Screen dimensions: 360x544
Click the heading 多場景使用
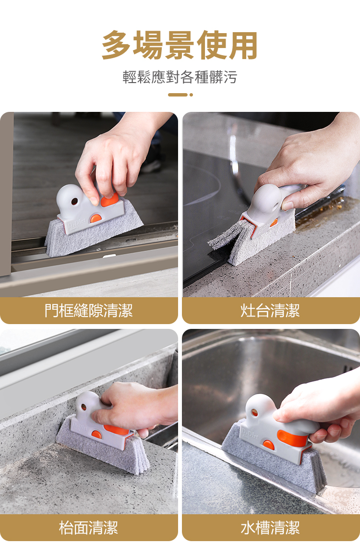(180, 45)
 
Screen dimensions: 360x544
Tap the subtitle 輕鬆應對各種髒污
(180, 77)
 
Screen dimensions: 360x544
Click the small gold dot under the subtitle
(191, 95)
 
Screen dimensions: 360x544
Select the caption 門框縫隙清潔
(89, 310)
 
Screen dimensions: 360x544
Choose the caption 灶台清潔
(270, 310)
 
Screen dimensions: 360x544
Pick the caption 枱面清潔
(89, 527)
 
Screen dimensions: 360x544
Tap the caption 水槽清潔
(270, 527)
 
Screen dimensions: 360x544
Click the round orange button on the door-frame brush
(96, 218)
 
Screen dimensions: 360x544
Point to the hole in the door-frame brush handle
(74, 201)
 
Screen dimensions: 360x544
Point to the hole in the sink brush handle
(254, 413)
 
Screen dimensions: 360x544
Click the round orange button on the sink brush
(268, 445)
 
